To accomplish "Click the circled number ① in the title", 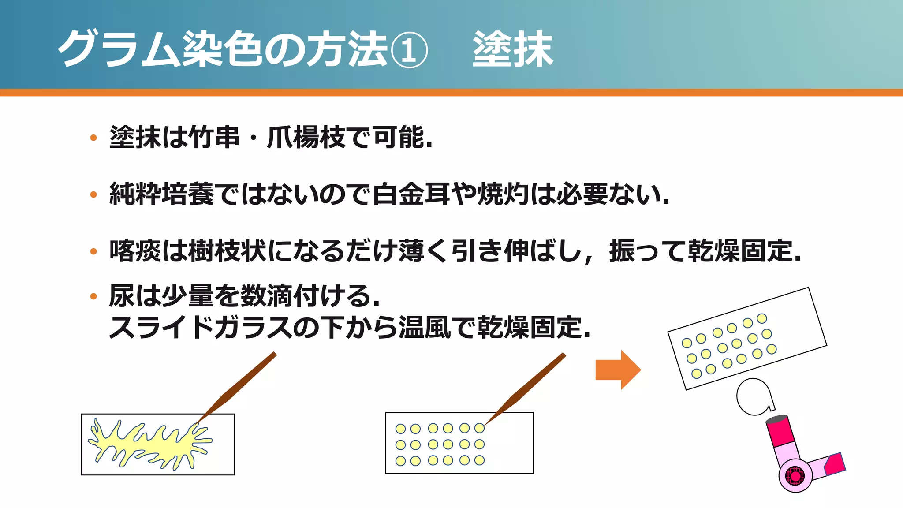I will coord(409,49).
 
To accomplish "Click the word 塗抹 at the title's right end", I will coord(512,49).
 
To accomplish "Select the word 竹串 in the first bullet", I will coord(214,137).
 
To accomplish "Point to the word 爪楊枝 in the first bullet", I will coord(306,137).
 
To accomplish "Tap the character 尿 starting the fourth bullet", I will coord(122,295).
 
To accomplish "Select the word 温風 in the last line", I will coord(424,327).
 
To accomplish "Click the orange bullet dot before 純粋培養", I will coord(93,194).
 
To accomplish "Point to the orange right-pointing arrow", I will coord(617,370).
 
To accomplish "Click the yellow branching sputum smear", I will coord(150,443).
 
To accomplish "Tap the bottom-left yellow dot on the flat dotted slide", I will coord(400,461).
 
